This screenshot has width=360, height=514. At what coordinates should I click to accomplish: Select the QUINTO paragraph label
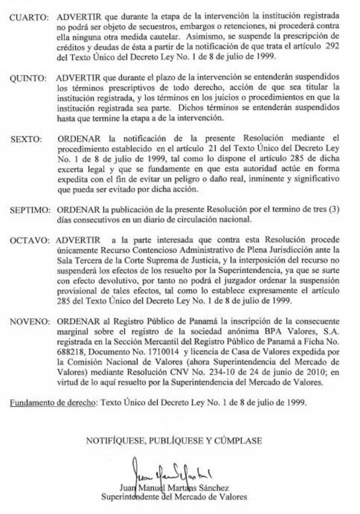tap(28, 78)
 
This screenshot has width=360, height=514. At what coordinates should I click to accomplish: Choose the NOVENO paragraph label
tap(29, 321)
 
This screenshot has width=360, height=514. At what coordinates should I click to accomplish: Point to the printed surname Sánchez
tap(214, 488)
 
